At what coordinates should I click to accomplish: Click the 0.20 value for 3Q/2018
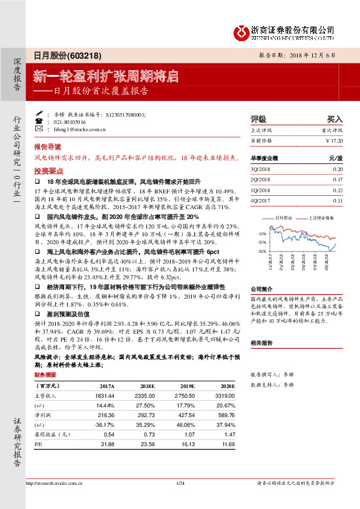click(x=338, y=169)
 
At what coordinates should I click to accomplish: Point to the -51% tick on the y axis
click(x=261, y=250)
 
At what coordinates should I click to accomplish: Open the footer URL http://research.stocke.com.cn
click(x=53, y=483)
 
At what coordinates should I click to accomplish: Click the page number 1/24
click(x=180, y=483)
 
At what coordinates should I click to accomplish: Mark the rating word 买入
click(x=335, y=120)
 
